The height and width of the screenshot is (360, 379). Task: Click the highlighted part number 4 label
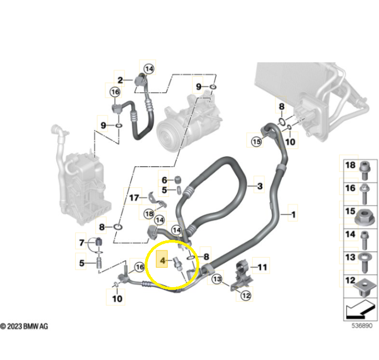pyautogui.click(x=162, y=260)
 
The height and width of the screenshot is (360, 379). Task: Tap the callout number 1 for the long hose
pyautogui.click(x=293, y=213)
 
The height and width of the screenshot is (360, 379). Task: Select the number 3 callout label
pyautogui.click(x=259, y=185)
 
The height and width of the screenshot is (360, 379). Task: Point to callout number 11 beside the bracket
pyautogui.click(x=262, y=268)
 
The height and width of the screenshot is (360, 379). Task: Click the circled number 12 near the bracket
pyautogui.click(x=245, y=296)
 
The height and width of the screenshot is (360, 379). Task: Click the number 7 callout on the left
pyautogui.click(x=82, y=243)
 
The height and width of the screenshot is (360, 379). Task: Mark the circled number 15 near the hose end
pyautogui.click(x=256, y=142)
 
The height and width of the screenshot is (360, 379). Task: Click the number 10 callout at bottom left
pyautogui.click(x=117, y=298)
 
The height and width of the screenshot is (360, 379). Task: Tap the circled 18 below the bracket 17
pyautogui.click(x=149, y=214)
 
